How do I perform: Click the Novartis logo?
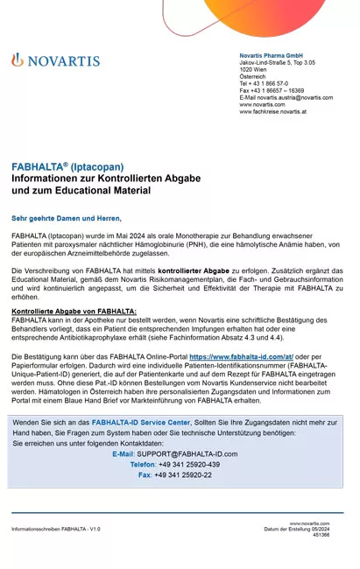[x=55, y=60]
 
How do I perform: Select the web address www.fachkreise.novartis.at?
[x=273, y=111]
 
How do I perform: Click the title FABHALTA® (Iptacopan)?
[x=67, y=166]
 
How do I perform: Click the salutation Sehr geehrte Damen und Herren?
[x=67, y=218]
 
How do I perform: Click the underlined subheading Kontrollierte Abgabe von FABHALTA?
[x=74, y=311]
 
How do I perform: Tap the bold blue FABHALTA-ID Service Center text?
[x=140, y=422]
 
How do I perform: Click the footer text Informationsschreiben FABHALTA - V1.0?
[x=56, y=530]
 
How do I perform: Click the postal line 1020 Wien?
[x=255, y=69]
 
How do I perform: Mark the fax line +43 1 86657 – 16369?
[x=272, y=90]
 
